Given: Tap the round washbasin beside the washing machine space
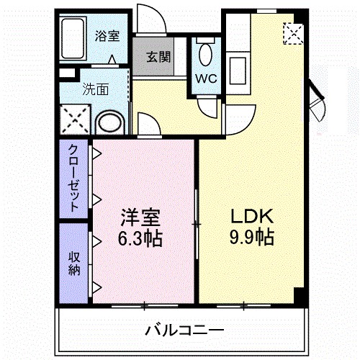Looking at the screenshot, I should [x=110, y=122].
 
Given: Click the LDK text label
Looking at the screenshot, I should [x=251, y=215].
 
